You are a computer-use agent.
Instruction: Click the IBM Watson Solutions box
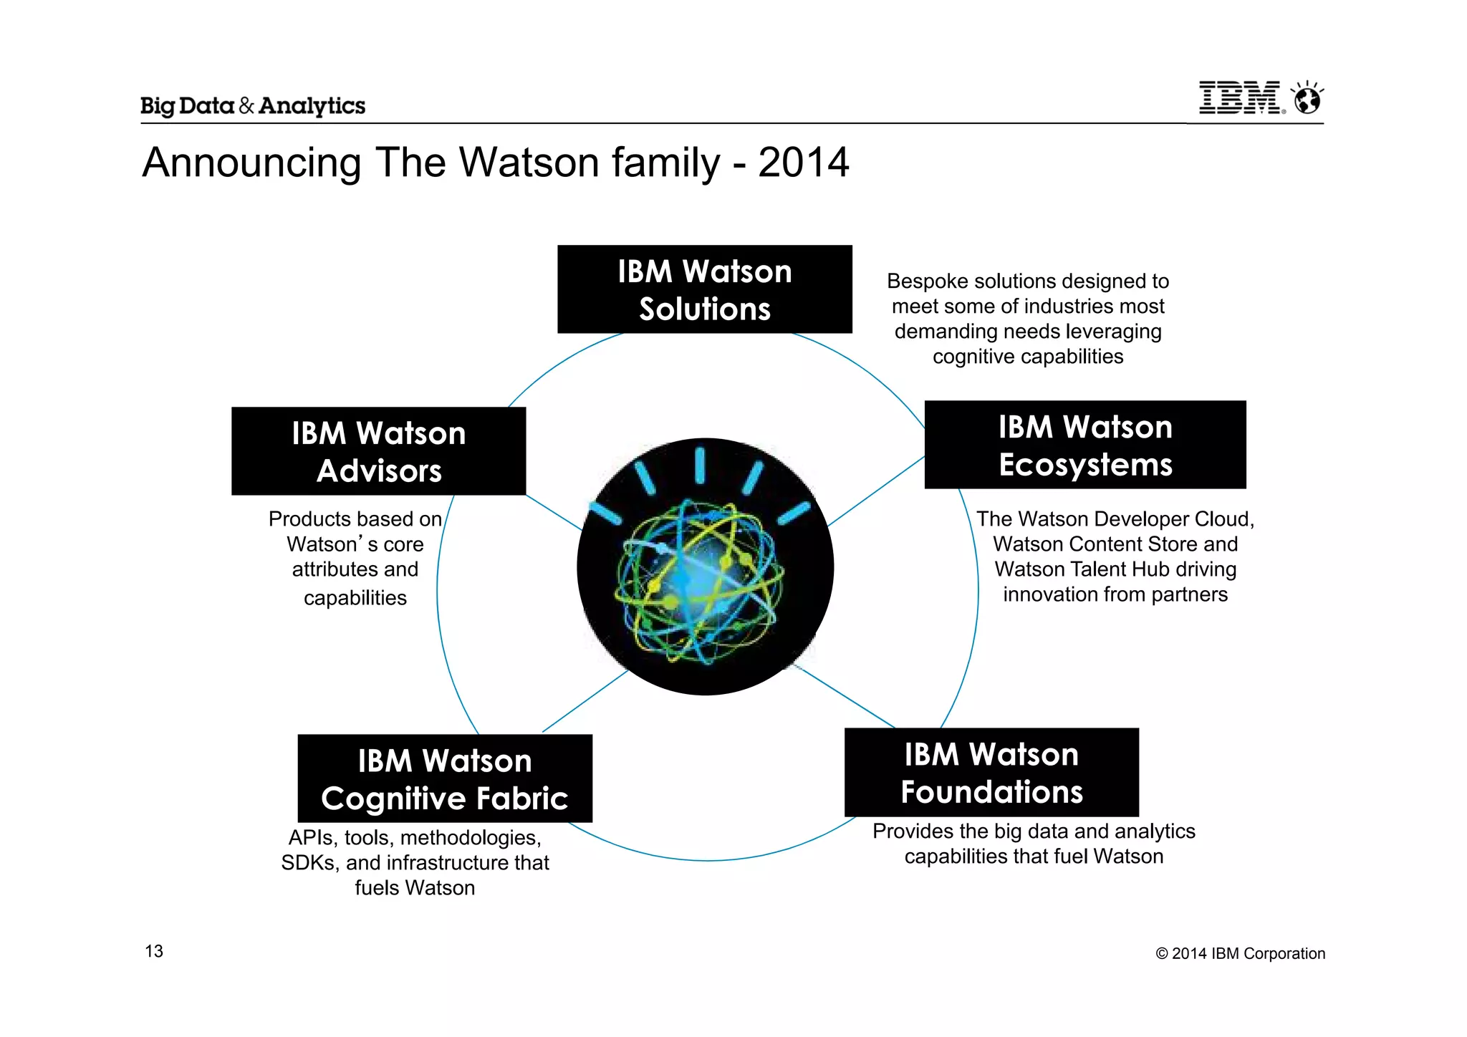click(704, 289)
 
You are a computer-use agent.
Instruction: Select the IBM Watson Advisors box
click(378, 451)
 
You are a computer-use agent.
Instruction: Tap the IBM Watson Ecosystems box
click(1084, 445)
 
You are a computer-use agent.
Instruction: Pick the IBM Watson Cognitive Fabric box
click(445, 778)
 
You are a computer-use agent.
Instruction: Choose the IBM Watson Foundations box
click(991, 773)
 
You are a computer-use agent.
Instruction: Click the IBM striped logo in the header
click(1239, 98)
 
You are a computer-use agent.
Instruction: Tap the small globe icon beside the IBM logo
click(1307, 99)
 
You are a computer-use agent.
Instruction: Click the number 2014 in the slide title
click(803, 163)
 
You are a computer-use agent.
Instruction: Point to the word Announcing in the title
click(251, 163)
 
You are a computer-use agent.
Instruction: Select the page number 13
click(154, 951)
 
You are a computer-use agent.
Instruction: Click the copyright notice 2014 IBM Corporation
click(1240, 953)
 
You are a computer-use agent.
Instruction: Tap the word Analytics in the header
click(312, 106)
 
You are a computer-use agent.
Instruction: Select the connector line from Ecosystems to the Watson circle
click(875, 492)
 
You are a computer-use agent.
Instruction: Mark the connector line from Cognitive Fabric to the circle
click(585, 702)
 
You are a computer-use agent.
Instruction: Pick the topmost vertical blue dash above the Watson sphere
click(700, 466)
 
